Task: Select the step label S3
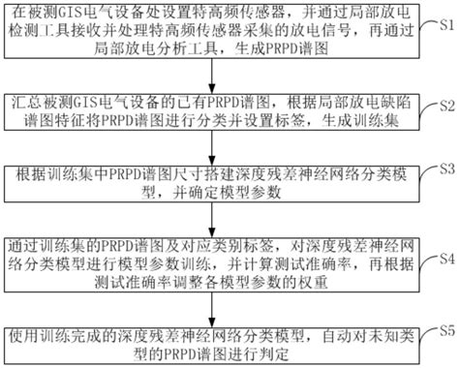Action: pos(444,168)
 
